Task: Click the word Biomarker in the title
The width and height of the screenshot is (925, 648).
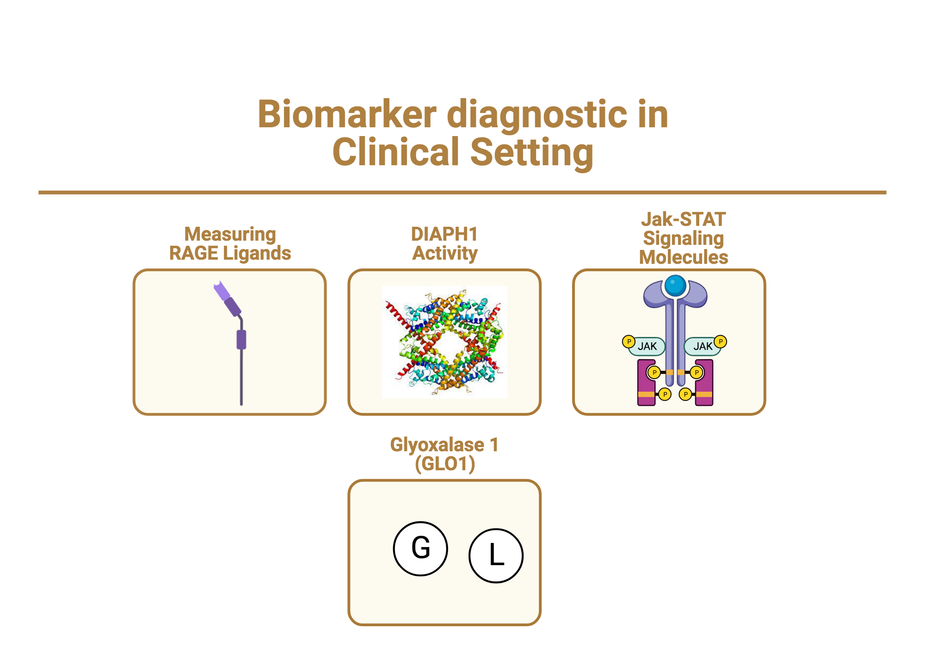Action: (x=347, y=114)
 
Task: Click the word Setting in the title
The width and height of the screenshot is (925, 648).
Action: (x=532, y=152)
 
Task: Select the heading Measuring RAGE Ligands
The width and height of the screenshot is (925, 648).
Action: (x=230, y=244)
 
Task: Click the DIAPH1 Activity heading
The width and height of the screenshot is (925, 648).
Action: (x=444, y=244)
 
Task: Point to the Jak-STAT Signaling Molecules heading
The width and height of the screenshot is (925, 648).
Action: (x=683, y=238)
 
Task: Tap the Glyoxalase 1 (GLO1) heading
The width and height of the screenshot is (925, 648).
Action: (x=444, y=454)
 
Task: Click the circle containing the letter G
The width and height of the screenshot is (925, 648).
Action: (x=420, y=548)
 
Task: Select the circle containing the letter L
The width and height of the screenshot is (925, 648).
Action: (x=496, y=555)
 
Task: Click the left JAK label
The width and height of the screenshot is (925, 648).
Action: (x=647, y=346)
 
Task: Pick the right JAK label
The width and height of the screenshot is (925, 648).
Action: (x=703, y=346)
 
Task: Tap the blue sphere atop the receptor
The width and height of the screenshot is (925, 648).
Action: (x=675, y=286)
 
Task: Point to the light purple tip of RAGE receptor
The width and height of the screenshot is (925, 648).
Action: (x=221, y=292)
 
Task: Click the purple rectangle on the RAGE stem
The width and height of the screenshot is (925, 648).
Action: (x=241, y=340)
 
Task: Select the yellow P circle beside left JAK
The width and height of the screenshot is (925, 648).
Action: (x=629, y=342)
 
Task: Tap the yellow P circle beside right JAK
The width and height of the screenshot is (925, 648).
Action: (x=721, y=342)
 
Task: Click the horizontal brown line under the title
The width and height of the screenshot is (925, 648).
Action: (x=462, y=192)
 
